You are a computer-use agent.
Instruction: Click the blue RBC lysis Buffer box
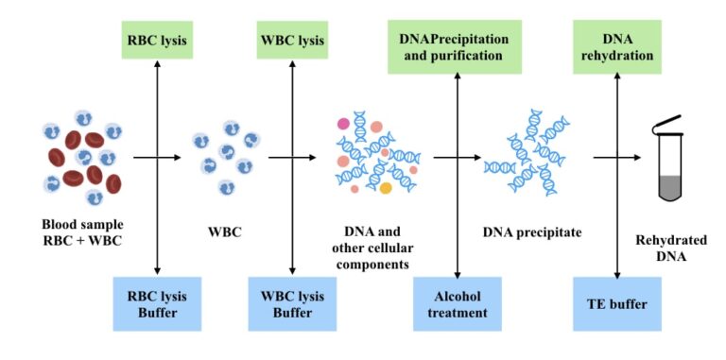coord(157,302)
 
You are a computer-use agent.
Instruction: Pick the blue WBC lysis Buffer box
coord(292,302)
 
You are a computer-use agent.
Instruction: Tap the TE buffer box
coord(616,302)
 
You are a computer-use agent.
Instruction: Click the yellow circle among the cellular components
coord(386,188)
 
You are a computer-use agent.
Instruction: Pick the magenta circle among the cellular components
coord(343,123)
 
